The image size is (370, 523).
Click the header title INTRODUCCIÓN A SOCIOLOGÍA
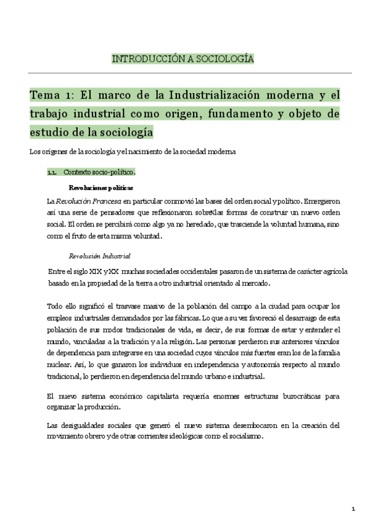(x=183, y=59)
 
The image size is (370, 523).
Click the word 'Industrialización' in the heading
(x=212, y=96)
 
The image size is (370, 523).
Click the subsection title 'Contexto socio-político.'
(x=99, y=172)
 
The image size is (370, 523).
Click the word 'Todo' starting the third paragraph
(x=54, y=307)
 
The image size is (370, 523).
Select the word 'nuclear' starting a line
(x=59, y=365)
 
